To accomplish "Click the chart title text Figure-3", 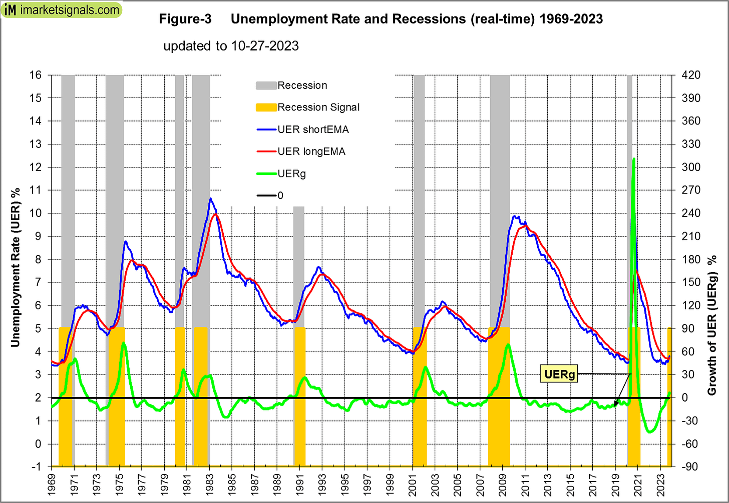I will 185,19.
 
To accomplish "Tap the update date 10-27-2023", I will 265,46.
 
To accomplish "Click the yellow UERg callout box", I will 559,374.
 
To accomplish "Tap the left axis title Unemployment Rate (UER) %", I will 16,267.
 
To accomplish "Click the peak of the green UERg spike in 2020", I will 634,159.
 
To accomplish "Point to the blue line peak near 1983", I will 211,198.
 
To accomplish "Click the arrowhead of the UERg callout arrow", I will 615,404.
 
